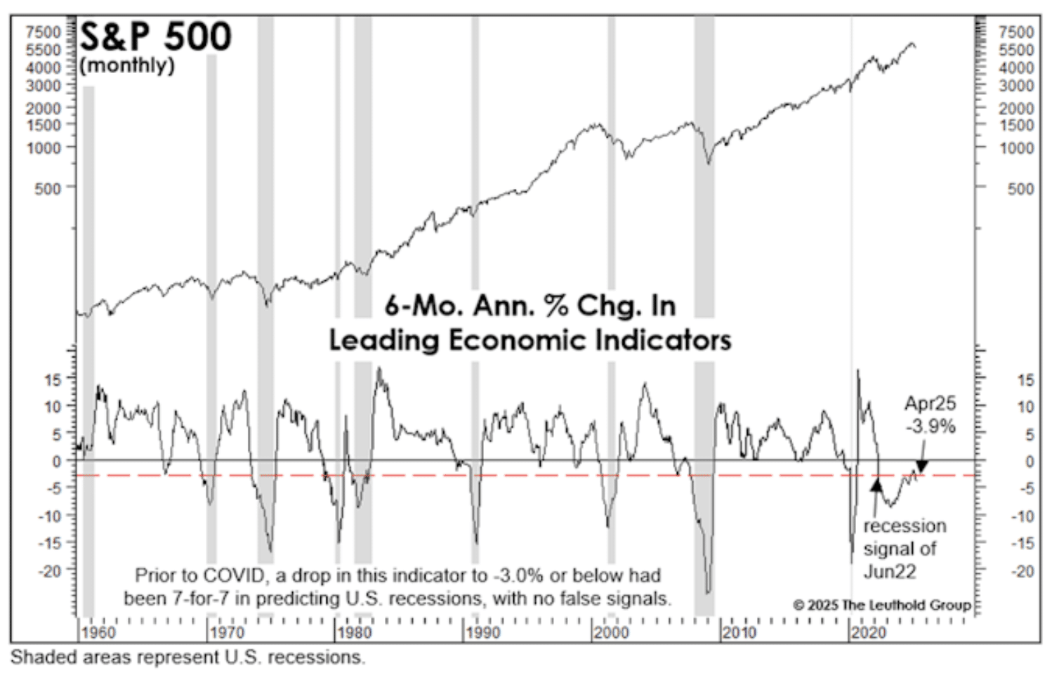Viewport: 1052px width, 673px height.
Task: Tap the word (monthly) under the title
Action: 127,65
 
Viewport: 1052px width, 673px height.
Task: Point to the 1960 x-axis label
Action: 98,632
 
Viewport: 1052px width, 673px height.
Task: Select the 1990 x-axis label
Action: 483,632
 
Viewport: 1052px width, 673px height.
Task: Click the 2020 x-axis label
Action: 869,632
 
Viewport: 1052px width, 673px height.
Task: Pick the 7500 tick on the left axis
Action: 44,32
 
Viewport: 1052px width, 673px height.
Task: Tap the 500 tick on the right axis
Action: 1020,188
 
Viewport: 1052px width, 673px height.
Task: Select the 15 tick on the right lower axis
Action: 1025,380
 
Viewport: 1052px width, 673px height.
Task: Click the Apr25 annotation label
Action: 930,403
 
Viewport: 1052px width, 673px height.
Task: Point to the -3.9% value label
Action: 930,426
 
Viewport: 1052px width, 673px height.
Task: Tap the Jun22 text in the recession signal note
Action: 890,571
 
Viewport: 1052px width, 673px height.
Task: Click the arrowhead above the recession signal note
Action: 876,484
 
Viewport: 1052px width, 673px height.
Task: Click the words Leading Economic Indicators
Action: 530,340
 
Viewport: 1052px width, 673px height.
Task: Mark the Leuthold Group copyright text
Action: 882,605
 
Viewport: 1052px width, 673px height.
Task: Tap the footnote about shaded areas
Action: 188,658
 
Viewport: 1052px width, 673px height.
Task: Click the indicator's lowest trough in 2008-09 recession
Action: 708,592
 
